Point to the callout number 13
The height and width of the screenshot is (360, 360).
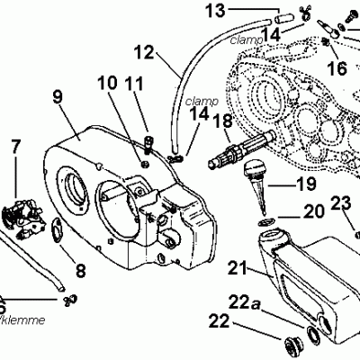pyautogui.click(x=216, y=11)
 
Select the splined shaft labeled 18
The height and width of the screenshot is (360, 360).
pyautogui.click(x=241, y=157)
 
